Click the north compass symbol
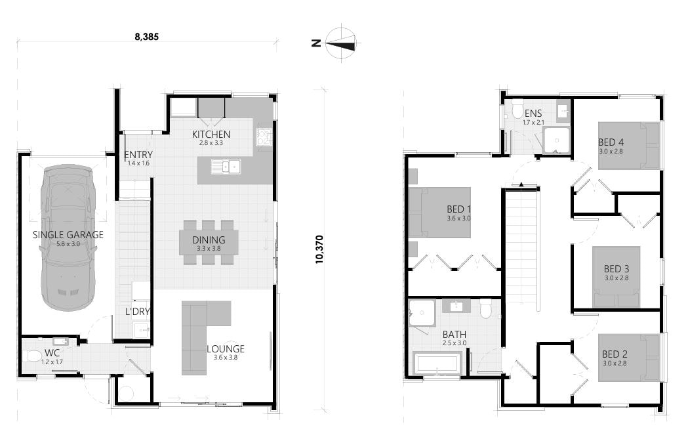pos(340,43)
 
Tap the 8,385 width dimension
pos(147,37)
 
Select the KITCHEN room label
pos(211,135)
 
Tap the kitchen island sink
pos(226,167)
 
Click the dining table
pos(209,241)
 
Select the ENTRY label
pos(138,155)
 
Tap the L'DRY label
pos(138,311)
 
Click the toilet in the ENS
pos(517,108)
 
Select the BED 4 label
pos(611,142)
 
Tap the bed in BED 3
pos(616,276)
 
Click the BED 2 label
pos(615,355)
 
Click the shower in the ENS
pos(557,139)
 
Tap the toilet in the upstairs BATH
pos(486,308)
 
